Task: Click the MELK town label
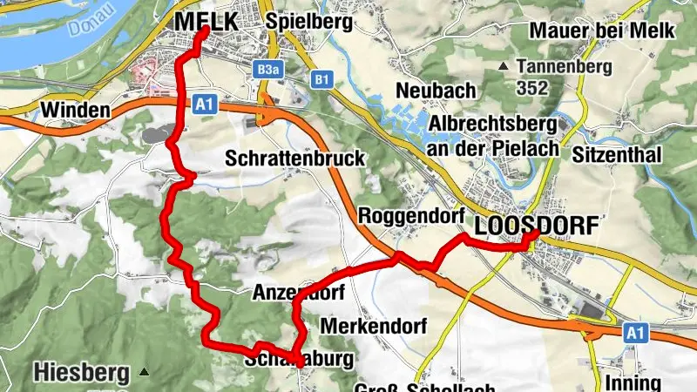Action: [206, 22]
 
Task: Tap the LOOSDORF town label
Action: [537, 226]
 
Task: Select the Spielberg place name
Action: [310, 21]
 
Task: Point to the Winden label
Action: [75, 110]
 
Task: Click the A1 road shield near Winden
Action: [204, 105]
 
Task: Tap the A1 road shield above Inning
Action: [636, 332]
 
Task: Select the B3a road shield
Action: [268, 70]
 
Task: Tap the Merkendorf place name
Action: [373, 326]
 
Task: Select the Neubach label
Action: [436, 90]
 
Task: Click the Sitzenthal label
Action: [618, 154]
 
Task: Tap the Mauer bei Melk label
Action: [602, 30]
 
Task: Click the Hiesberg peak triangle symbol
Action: [144, 372]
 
